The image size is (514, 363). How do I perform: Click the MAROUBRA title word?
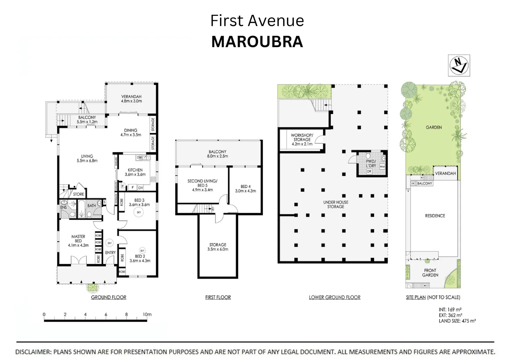point(257,42)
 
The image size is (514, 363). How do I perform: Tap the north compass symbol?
point(459,65)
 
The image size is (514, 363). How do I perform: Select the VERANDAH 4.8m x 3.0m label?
point(131,99)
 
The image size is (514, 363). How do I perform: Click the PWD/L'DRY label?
point(371,163)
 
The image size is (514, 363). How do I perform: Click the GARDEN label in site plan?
point(434,127)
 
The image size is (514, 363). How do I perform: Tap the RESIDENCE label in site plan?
point(435,216)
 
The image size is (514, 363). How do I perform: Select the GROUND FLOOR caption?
point(109,297)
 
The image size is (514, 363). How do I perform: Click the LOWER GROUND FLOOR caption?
point(334,297)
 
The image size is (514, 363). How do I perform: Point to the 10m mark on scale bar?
point(147,315)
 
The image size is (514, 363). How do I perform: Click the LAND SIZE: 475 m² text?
point(457,321)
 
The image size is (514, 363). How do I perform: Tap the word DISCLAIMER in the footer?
point(33,352)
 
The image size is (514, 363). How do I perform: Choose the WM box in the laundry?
point(382,166)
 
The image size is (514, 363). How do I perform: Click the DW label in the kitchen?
point(139,157)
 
